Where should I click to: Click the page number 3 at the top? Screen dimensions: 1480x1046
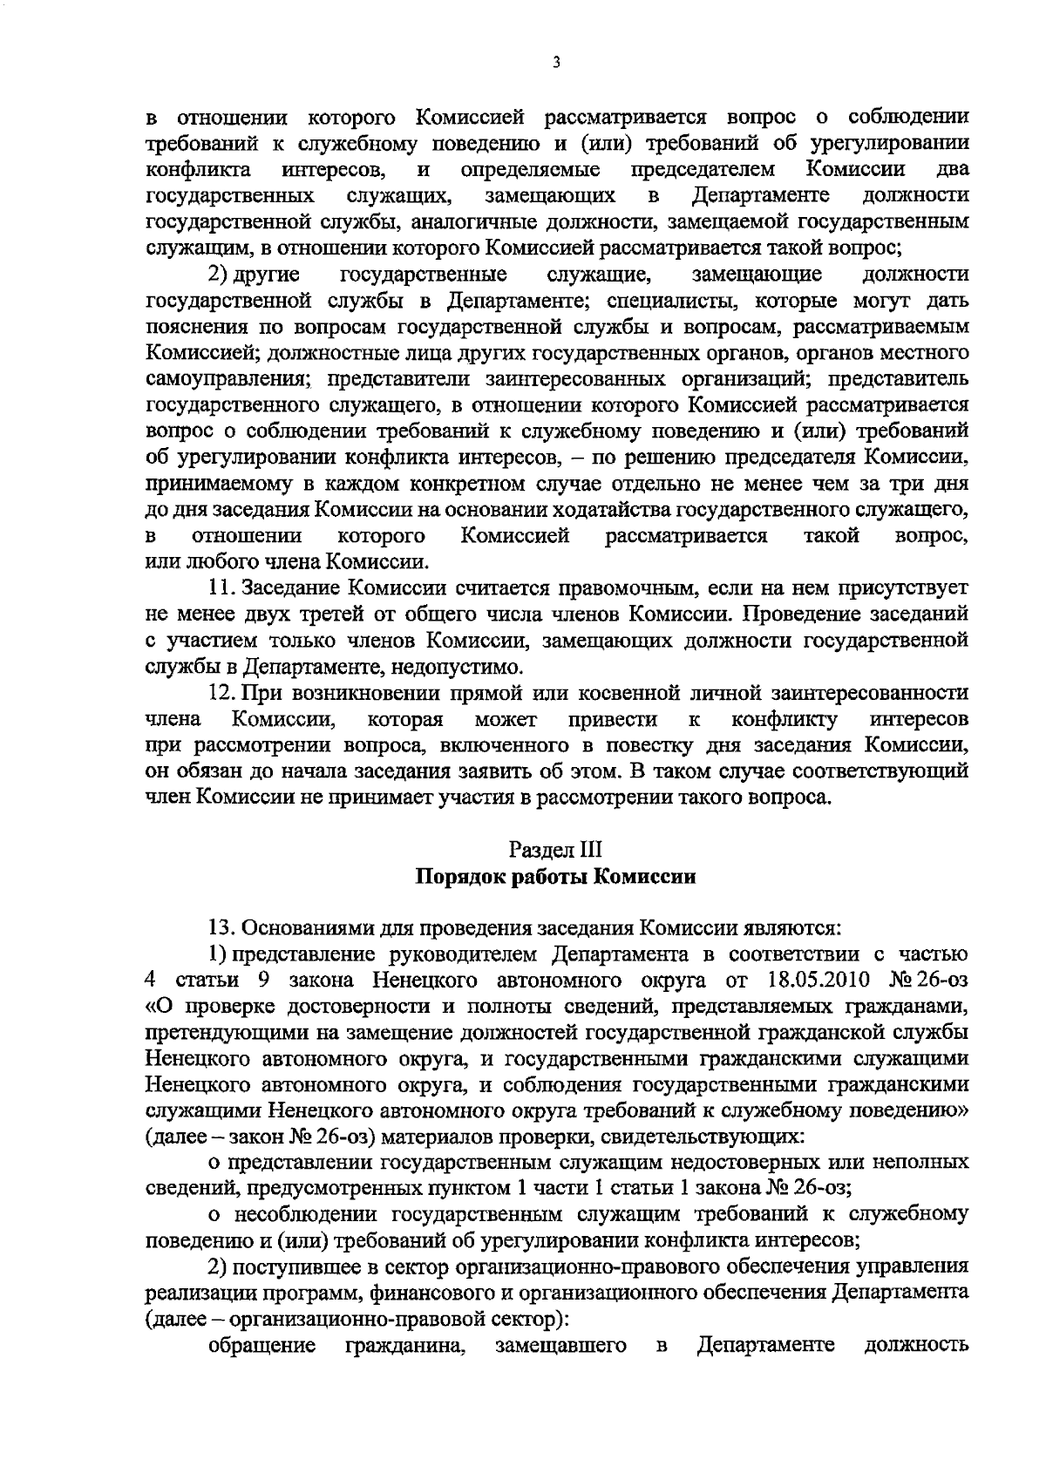point(555,64)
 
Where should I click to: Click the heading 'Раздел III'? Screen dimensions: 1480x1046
point(555,849)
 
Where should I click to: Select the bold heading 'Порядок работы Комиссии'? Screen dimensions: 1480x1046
point(555,877)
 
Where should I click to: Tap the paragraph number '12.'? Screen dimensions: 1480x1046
point(225,694)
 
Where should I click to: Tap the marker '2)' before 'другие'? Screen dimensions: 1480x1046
point(218,275)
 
